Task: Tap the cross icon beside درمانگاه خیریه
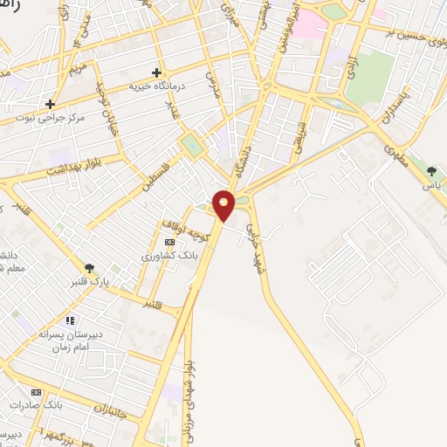(x=156, y=72)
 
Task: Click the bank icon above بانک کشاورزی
(x=169, y=242)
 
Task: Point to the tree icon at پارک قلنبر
(x=90, y=268)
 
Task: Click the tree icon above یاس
(x=431, y=170)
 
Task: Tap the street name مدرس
(x=210, y=84)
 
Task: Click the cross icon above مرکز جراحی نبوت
(x=51, y=104)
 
